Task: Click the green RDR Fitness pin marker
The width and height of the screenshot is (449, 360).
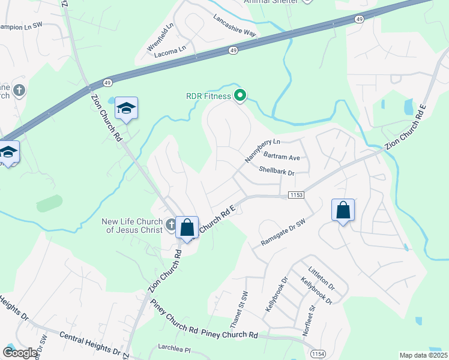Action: click(x=240, y=95)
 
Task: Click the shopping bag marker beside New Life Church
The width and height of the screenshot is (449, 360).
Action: click(x=187, y=228)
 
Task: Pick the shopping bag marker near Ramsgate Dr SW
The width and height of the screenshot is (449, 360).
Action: click(x=343, y=211)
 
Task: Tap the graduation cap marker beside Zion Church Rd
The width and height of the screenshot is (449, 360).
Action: click(x=127, y=109)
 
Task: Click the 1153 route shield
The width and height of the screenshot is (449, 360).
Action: click(x=297, y=195)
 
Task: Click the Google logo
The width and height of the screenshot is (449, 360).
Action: click(x=20, y=353)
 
